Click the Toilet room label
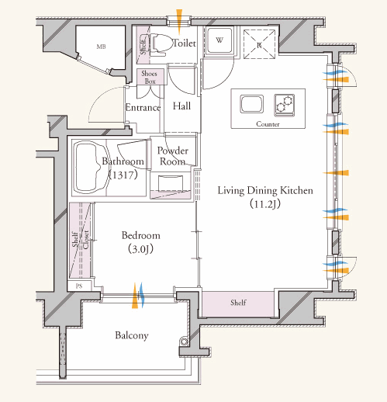pyautogui.click(x=184, y=43)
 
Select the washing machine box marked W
pyautogui.click(x=219, y=40)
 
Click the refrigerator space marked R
pyautogui.click(x=259, y=44)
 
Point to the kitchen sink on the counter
pyautogui.click(x=251, y=104)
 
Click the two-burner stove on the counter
pyautogui.click(x=285, y=105)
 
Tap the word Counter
pyautogui.click(x=268, y=124)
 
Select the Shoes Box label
pyautogui.click(x=150, y=77)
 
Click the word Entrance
pyautogui.click(x=143, y=107)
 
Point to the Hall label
pyautogui.click(x=181, y=106)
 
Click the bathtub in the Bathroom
pyautogui.click(x=92, y=168)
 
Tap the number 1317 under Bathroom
pyautogui.click(x=123, y=175)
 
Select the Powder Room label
pyautogui.click(x=172, y=156)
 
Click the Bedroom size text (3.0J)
pyautogui.click(x=141, y=249)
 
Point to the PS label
pyautogui.click(x=79, y=286)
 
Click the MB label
pyautogui.click(x=101, y=47)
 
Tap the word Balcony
pyautogui.click(x=132, y=335)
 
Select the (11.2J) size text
pyautogui.click(x=265, y=204)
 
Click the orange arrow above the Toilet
pyautogui.click(x=179, y=22)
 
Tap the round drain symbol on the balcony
pyautogui.click(x=184, y=341)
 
